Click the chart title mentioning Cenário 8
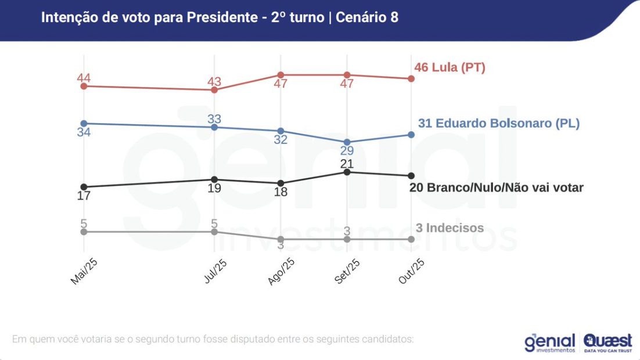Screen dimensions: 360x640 (x=220, y=17)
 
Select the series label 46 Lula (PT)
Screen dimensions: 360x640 (x=450, y=67)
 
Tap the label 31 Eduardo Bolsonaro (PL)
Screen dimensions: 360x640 (x=498, y=123)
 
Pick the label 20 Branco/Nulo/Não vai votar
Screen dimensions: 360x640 (x=496, y=188)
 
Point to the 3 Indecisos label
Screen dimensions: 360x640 (x=450, y=228)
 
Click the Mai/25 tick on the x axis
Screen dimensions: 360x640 (x=84, y=271)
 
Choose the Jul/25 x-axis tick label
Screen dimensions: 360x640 (x=215, y=271)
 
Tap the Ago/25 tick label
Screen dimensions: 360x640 (x=282, y=271)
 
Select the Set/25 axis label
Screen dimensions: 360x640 (x=348, y=271)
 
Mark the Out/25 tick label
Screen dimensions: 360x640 (x=412, y=271)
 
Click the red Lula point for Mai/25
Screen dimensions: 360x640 (x=84, y=86)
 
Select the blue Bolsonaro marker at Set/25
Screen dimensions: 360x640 (x=347, y=142)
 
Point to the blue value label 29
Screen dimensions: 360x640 (x=347, y=151)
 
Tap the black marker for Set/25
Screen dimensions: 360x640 (x=347, y=172)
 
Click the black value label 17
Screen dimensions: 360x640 (x=84, y=196)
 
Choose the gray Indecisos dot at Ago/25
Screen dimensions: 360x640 (x=281, y=239)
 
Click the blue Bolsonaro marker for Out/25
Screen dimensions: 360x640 (x=411, y=135)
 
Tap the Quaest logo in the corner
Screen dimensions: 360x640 (x=608, y=342)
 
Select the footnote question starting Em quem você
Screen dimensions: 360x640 (x=213, y=339)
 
